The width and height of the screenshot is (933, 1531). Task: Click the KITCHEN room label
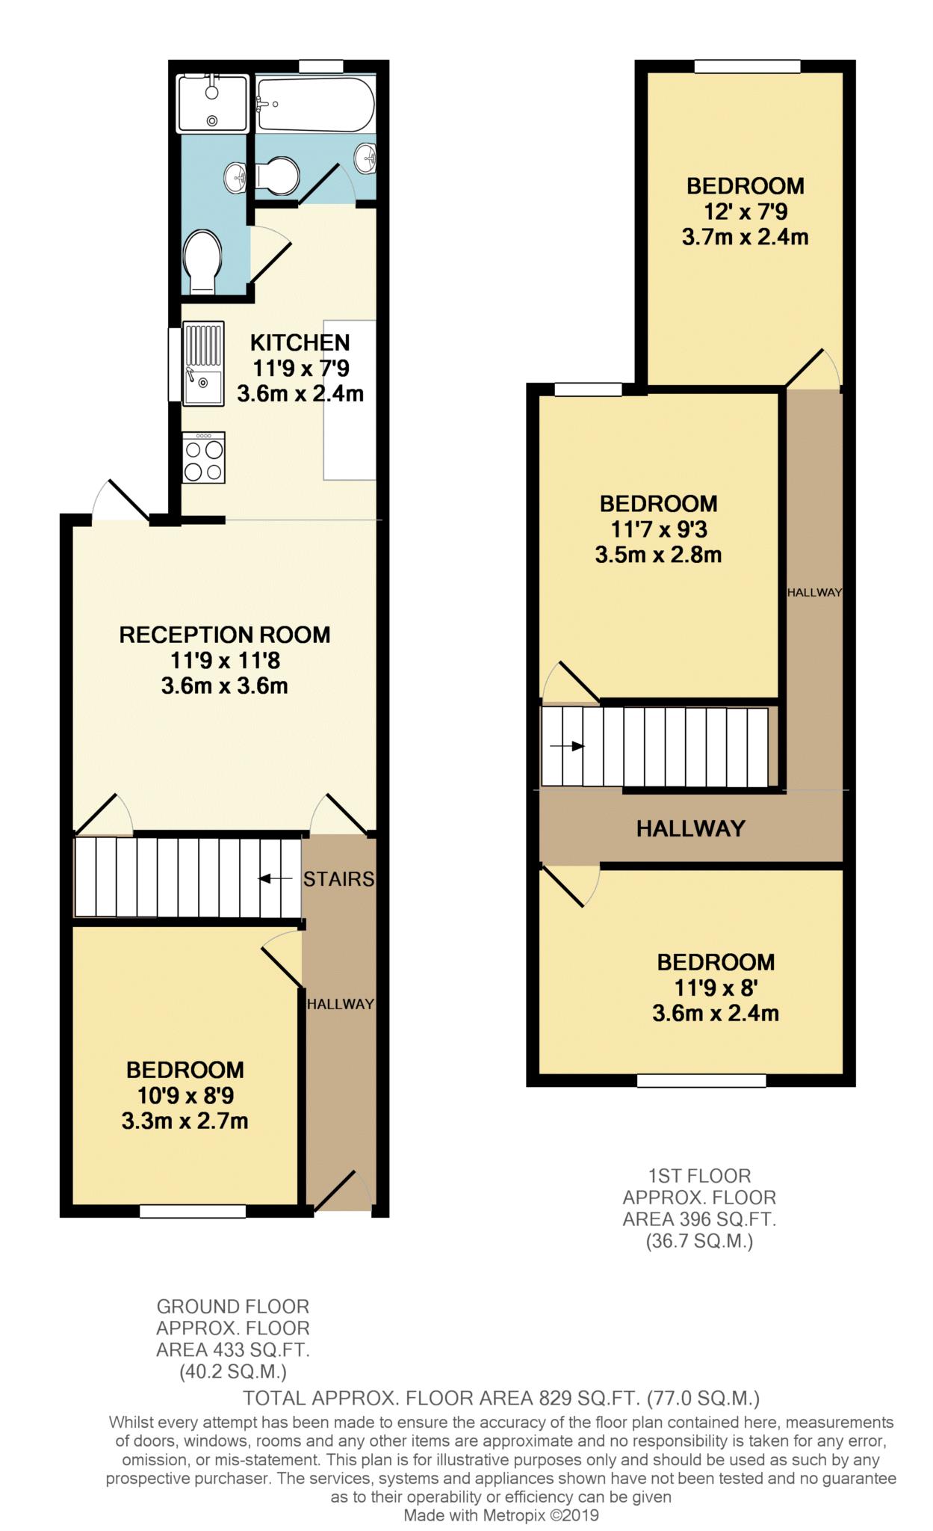tap(300, 342)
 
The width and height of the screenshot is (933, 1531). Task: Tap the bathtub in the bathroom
tap(314, 105)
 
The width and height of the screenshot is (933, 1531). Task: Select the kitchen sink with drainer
tap(203, 363)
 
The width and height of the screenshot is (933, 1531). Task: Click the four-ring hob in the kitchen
tap(203, 458)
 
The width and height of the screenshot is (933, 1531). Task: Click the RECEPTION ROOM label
tap(224, 635)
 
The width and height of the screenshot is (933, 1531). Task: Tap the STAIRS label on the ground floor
tap(338, 879)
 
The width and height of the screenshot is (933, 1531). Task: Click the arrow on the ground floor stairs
tap(274, 878)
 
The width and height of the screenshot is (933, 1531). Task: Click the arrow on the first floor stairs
tap(567, 746)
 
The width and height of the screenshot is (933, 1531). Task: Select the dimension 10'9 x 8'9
tap(185, 1096)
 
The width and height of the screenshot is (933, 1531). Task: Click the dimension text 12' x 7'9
tap(745, 212)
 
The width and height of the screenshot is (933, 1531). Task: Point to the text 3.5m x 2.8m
tap(658, 555)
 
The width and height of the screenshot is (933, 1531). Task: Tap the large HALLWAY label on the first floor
tap(690, 828)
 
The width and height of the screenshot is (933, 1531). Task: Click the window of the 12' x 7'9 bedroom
tap(746, 67)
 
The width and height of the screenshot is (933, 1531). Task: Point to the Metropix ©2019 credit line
tap(501, 1516)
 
